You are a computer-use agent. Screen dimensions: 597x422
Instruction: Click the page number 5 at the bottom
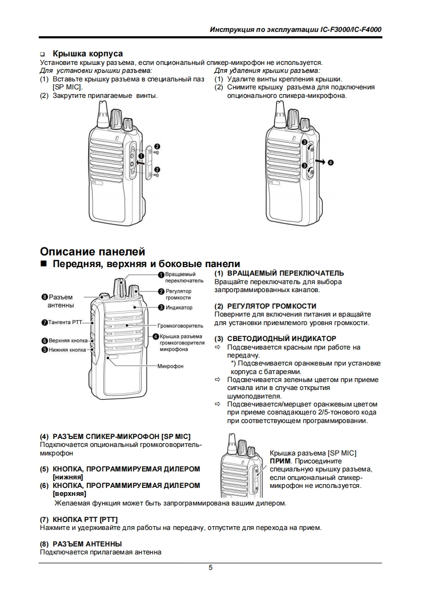[x=211, y=567]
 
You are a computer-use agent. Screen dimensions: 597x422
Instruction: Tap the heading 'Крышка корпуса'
[x=87, y=54]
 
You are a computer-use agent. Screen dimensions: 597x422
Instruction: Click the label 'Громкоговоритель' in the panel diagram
[x=181, y=325]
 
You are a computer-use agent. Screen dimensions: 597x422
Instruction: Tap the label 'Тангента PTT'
[x=64, y=322]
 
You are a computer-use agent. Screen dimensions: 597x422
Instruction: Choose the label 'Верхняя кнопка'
[x=68, y=341]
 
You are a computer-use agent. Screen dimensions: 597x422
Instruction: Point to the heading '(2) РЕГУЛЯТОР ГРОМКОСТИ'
[x=265, y=306]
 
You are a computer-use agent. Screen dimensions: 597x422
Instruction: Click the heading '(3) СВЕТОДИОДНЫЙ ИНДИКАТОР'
[x=275, y=338]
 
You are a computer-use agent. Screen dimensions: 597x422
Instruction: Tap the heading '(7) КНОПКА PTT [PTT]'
[x=79, y=519]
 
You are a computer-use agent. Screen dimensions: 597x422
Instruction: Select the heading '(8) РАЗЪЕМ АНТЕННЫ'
[x=81, y=544]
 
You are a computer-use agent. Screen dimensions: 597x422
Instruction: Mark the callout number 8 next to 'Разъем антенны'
[x=45, y=297]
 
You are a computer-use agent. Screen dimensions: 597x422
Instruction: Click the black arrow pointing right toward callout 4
[x=320, y=160]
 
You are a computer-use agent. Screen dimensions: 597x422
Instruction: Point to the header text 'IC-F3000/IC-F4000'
[x=352, y=30]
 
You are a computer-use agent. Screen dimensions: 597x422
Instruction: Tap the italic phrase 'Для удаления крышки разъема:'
[x=267, y=70]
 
